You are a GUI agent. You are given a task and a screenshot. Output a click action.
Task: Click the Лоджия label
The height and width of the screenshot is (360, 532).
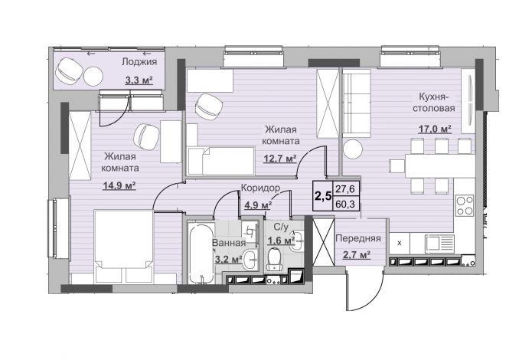click(x=139, y=62)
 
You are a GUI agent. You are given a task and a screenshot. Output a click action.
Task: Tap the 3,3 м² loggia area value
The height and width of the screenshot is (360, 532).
click(x=139, y=80)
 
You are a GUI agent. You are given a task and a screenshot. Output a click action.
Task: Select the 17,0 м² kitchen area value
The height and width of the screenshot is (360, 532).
click(x=435, y=129)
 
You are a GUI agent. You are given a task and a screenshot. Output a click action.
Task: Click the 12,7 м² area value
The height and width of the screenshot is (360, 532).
click(x=280, y=159)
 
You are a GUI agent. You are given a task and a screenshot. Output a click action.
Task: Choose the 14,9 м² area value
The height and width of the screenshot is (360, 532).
click(x=119, y=185)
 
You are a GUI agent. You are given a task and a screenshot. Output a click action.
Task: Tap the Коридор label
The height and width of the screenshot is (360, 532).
click(x=260, y=188)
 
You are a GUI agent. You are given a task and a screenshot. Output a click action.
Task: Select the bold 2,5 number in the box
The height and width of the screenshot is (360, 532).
click(x=323, y=196)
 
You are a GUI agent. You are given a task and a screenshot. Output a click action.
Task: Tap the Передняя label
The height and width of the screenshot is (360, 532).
click(x=358, y=238)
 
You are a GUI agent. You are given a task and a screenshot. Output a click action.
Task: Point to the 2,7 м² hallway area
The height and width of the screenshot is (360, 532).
click(x=356, y=255)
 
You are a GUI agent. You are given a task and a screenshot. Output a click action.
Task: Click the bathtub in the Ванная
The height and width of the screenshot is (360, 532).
click(x=201, y=254)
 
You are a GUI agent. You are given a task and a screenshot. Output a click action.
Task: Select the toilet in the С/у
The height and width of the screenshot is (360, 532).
click(x=274, y=259)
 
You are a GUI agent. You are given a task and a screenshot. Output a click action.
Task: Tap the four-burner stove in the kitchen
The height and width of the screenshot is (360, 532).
click(x=465, y=205)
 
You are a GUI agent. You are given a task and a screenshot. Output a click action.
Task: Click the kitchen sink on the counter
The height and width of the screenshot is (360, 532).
click(x=439, y=243)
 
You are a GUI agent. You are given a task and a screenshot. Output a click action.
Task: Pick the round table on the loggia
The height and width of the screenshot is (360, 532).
click(x=93, y=77)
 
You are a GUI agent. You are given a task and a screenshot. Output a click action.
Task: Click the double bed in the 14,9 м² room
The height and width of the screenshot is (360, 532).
click(x=123, y=246)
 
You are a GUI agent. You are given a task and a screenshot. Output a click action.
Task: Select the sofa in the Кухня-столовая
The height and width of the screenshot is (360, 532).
click(x=357, y=103)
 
